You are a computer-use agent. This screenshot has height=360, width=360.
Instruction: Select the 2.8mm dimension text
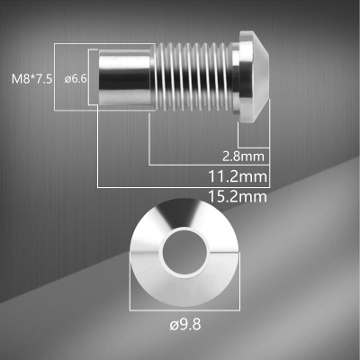coord(242,154)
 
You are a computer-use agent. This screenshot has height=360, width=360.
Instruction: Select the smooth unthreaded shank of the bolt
coord(122,77)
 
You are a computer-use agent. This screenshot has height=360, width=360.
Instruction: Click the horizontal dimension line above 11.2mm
coord(207,165)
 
